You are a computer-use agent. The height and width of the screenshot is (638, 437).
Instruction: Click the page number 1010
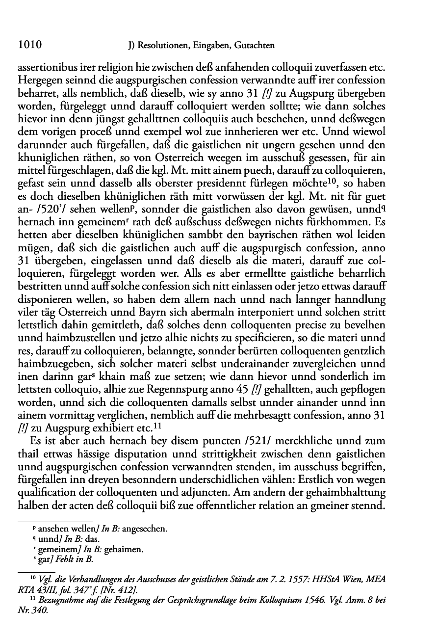point(29,46)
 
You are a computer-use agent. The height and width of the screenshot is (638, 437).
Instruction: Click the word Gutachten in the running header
point(256,46)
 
